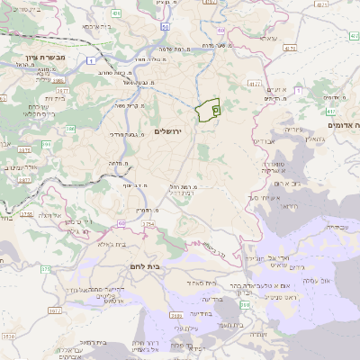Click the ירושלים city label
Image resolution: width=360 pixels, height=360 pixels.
pyautogui.click(x=168, y=131)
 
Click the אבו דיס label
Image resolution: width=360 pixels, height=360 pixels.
pyautogui.click(x=264, y=141)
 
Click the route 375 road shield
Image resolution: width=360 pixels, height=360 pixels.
pyautogui.click(x=25, y=215)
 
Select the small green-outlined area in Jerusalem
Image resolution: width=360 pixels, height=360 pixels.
pyautogui.click(x=209, y=111)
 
